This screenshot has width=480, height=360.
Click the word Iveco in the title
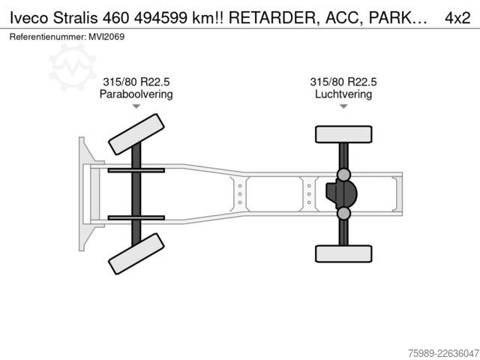pos(29,18)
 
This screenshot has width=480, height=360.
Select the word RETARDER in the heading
pos(272,18)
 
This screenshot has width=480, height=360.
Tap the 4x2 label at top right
pos(457,18)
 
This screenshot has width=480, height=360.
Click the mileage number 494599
pos(160,18)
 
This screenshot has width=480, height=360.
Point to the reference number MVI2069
pos(106,37)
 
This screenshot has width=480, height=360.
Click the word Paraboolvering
pos(136,94)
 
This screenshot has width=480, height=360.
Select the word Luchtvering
pos(343,94)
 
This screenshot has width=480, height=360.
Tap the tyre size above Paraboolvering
pos(136,82)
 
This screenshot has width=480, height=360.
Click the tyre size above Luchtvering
pos(343,82)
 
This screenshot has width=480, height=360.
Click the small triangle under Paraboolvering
pos(136,106)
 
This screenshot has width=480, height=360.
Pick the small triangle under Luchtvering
pos(343,106)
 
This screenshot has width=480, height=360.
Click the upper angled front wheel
pos(136,134)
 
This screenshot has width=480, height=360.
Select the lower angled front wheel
pos(136,253)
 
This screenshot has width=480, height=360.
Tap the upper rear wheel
pos(343,134)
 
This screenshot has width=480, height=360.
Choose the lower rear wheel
pos(343,253)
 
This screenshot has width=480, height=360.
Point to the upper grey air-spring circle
pos(343,175)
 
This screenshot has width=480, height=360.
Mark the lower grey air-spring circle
pos(343,213)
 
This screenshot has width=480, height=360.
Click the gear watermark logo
pos(72,67)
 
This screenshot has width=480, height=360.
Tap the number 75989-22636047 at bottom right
pos(443,353)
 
